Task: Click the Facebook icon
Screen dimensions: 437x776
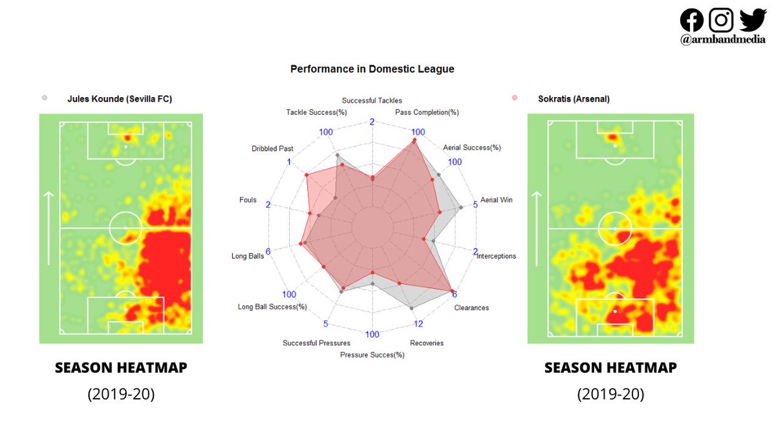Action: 691,20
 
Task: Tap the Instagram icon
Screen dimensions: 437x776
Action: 721,20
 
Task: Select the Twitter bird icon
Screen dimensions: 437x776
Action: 752,19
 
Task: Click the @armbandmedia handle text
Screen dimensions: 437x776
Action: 722,40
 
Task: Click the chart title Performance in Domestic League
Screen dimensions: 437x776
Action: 372,69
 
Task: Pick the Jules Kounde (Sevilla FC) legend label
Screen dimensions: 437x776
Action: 120,99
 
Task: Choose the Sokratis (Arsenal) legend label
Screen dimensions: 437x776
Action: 574,99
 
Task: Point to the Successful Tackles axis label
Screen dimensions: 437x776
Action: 372,100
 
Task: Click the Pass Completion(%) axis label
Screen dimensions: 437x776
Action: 427,112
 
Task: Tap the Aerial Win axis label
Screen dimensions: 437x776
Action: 496,200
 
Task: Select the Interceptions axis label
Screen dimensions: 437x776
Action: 496,256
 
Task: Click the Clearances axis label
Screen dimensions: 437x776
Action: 471,308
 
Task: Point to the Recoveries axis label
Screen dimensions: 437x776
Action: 427,342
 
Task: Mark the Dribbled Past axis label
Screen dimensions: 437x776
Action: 272,149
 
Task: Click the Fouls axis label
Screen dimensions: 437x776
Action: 248,200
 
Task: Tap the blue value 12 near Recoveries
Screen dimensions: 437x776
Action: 418,324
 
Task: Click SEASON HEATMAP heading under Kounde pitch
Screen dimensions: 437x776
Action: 121,368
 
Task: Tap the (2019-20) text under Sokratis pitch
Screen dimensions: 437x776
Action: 610,394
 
